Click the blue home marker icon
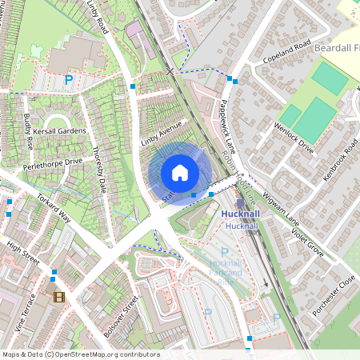point(180,173)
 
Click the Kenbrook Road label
point(342,163)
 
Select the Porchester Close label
point(335,297)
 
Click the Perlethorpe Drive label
point(53,162)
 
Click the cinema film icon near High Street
point(58,297)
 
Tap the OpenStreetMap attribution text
point(81,354)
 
